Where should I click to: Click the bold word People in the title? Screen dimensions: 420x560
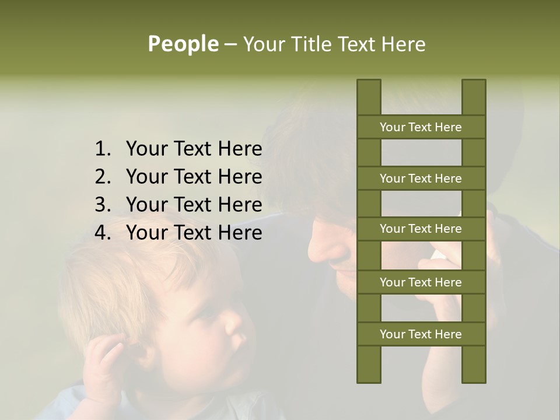tap(183, 44)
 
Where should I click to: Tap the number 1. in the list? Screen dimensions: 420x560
tap(103, 149)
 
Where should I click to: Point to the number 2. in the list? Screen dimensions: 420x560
tap(103, 177)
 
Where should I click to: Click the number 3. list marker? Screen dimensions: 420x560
tap(103, 205)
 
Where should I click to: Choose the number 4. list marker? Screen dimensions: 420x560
tap(103, 233)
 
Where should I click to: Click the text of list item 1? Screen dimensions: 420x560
tap(194, 149)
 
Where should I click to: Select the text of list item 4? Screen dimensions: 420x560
tap(194, 233)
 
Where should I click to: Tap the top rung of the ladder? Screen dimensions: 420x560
tap(421, 127)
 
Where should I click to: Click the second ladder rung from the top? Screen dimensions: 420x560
tap(421, 178)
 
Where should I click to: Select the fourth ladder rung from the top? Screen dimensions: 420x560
tap(421, 282)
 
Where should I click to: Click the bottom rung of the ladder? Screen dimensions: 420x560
tap(421, 334)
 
